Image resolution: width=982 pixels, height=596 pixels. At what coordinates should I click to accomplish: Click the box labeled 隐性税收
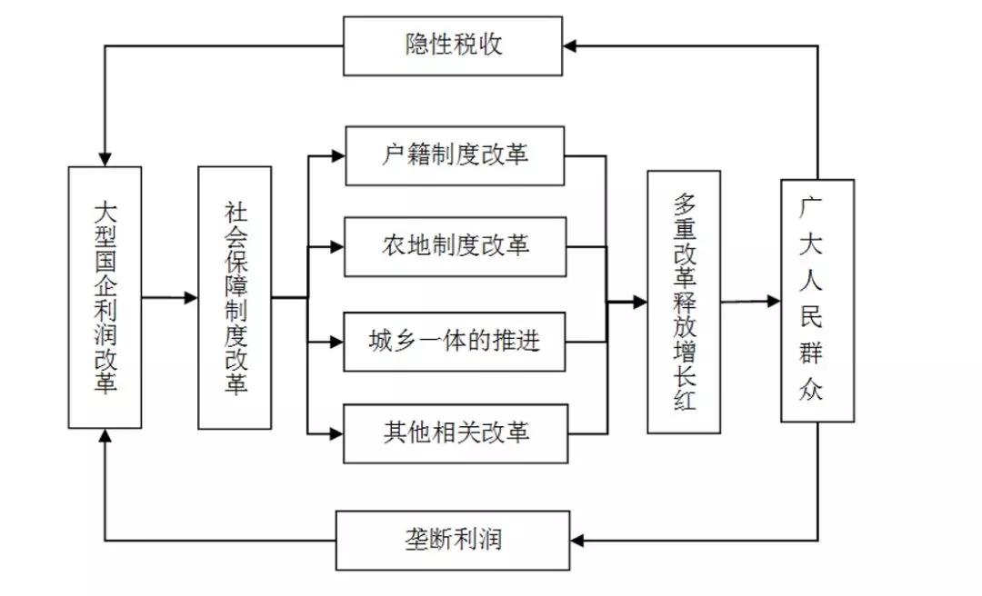[x=453, y=45]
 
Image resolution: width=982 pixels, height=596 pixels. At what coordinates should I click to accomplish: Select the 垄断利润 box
[x=453, y=541]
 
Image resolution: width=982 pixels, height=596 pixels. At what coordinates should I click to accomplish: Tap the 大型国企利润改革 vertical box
[x=105, y=297]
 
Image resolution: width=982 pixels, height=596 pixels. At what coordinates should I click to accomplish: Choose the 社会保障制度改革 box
[x=235, y=297]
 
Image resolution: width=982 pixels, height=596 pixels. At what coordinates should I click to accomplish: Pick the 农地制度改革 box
[x=455, y=246]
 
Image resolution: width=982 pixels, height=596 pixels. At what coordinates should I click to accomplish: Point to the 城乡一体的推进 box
[x=455, y=342]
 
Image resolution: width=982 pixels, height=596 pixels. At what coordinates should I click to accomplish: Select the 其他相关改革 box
[x=455, y=432]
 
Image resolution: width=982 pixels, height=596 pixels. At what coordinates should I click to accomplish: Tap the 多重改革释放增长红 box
[x=684, y=302]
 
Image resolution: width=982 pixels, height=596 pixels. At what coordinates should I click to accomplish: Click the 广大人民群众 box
[x=817, y=301]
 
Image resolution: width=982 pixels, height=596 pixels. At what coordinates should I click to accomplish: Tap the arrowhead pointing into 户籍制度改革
[x=337, y=156]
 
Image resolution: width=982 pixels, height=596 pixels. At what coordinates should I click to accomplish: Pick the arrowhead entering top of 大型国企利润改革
[x=105, y=159]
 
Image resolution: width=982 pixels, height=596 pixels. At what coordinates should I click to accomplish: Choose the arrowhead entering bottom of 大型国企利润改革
[x=105, y=436]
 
